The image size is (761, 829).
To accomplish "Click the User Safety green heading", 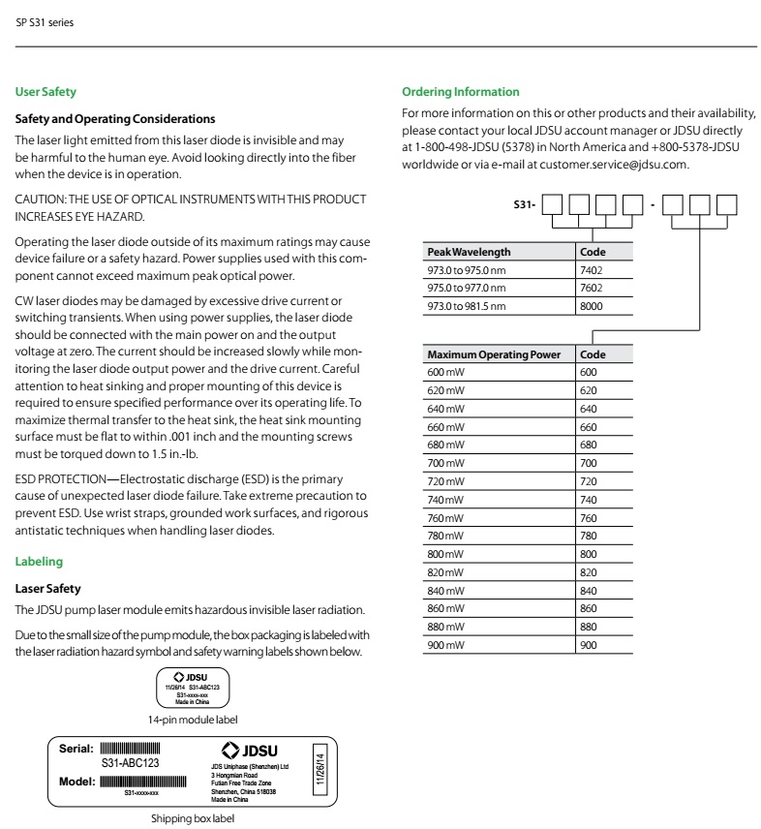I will [x=46, y=92].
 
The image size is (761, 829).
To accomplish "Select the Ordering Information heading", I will [x=460, y=92].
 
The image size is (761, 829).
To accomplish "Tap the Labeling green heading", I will [x=39, y=562].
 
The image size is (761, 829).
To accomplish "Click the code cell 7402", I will [x=591, y=270].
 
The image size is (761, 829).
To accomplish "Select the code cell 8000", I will [x=591, y=306].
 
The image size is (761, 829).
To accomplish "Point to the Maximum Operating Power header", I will [x=494, y=354].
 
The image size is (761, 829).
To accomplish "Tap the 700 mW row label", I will [x=444, y=463].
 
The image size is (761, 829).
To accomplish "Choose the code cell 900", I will [x=589, y=645].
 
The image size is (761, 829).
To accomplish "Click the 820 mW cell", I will [x=444, y=572].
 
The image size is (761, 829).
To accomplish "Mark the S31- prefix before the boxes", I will [x=524, y=205].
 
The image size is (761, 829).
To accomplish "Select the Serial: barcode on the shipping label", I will [x=130, y=749].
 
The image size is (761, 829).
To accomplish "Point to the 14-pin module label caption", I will [x=192, y=720].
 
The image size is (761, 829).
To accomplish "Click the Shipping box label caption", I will [x=192, y=818].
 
